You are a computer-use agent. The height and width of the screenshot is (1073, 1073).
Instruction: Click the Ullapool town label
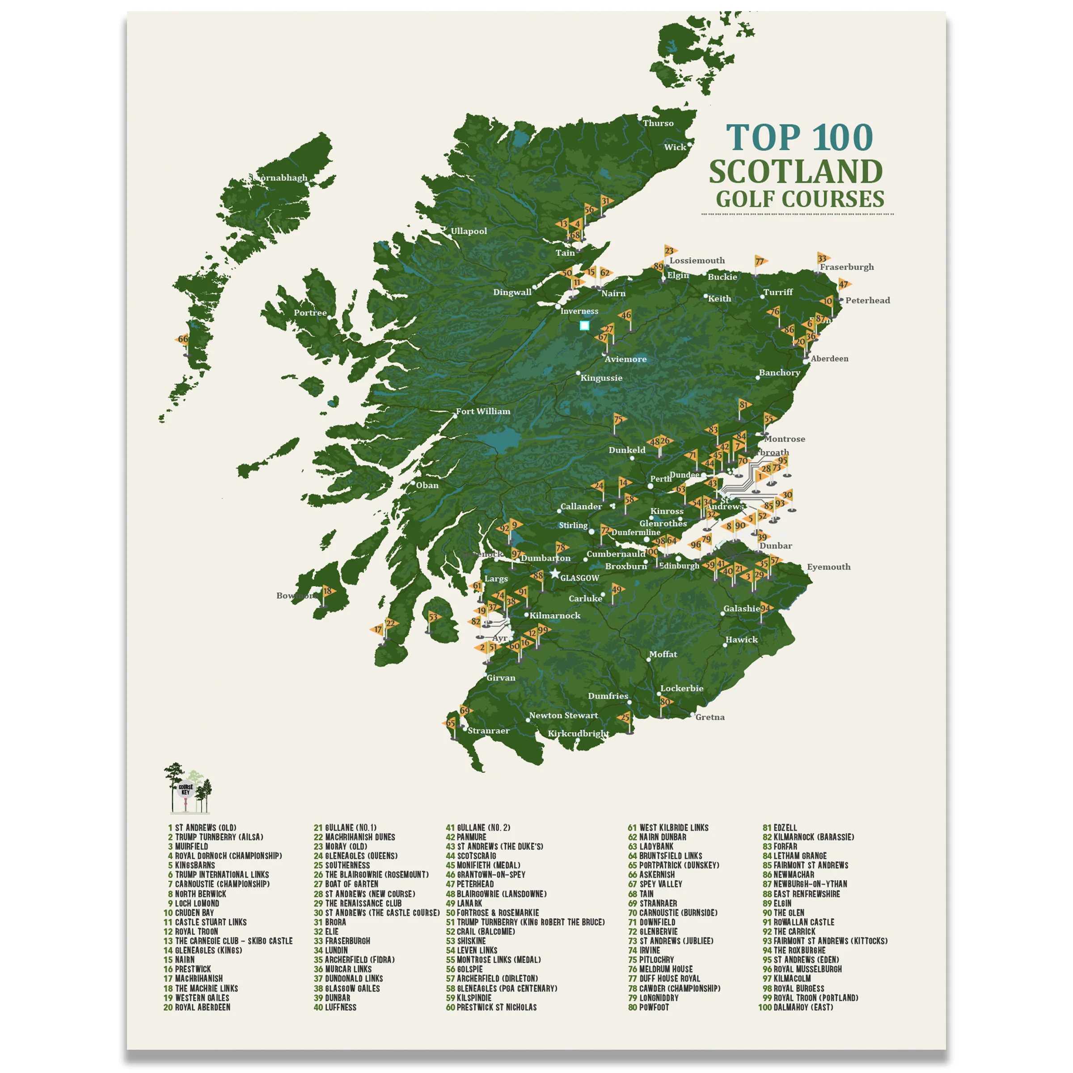[x=469, y=231]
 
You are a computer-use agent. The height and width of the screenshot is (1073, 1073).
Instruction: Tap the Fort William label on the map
[x=483, y=411]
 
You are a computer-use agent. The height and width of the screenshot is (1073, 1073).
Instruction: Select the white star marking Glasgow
[x=554, y=574]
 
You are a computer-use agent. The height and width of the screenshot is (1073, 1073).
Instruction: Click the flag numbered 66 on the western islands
[x=183, y=339]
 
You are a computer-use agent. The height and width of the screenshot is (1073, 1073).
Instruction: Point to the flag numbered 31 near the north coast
[x=606, y=201]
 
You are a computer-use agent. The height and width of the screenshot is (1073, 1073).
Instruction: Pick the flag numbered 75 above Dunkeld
[x=619, y=419]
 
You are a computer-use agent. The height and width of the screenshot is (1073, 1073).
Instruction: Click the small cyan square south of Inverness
[x=584, y=325]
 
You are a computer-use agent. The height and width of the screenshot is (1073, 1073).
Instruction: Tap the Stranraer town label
[x=488, y=731]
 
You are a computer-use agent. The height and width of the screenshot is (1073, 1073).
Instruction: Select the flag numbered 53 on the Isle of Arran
[x=433, y=617]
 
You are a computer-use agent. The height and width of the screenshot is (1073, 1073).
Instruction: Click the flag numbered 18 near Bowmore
[x=328, y=591]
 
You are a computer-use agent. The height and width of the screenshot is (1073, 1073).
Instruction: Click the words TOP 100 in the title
[x=799, y=137]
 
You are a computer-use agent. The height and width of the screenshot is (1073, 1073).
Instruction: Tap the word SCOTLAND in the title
[x=795, y=172]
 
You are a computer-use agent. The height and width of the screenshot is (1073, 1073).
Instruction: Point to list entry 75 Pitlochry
[x=656, y=960]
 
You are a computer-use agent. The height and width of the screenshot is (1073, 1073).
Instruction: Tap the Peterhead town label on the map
[x=867, y=300]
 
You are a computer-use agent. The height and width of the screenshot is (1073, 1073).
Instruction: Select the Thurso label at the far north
[x=658, y=123]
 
